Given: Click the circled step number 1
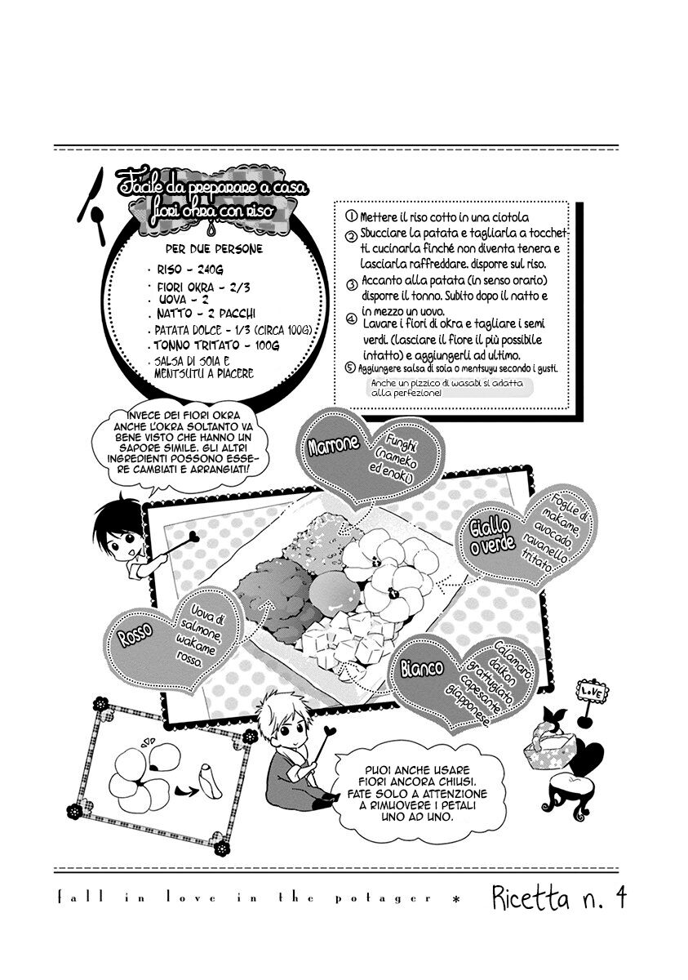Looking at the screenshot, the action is pyautogui.click(x=351, y=216).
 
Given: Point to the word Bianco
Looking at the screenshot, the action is pyautogui.click(x=421, y=669).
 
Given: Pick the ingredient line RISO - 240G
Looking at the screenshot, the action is pyautogui.click(x=190, y=269).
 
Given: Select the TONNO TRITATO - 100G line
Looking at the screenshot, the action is pyautogui.click(x=216, y=345).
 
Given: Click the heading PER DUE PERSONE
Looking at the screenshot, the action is pyautogui.click(x=214, y=249).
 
